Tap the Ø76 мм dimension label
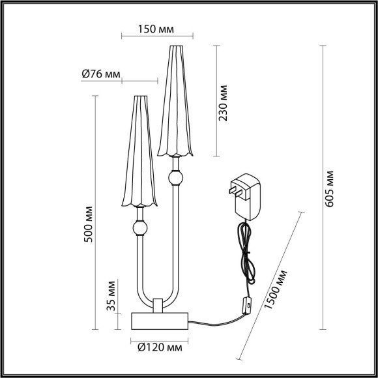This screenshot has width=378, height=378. pyautogui.click(x=101, y=74)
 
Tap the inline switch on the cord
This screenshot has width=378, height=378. pyautogui.click(x=246, y=305)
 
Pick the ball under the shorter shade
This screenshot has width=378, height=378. pyautogui.click(x=139, y=228)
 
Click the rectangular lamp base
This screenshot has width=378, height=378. pyautogui.click(x=160, y=319)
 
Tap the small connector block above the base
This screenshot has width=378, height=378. pyautogui.click(x=158, y=304)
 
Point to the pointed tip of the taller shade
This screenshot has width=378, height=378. pyautogui.click(x=175, y=47)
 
